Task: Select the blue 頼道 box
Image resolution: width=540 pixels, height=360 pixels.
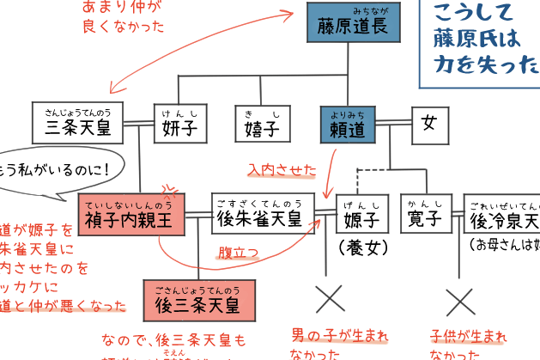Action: pyautogui.click(x=348, y=125)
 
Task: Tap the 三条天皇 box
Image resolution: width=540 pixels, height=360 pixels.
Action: pyautogui.click(x=79, y=125)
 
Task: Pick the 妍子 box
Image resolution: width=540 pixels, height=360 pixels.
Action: pyautogui.click(x=179, y=125)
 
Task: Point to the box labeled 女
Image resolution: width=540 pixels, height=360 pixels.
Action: pyautogui.click(x=429, y=123)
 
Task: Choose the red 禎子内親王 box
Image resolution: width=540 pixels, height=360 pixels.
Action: pyautogui.click(x=129, y=216)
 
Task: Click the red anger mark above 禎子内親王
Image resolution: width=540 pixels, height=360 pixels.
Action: pyautogui.click(x=170, y=188)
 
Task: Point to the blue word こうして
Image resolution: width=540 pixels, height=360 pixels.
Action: pyautogui.click(x=473, y=12)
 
